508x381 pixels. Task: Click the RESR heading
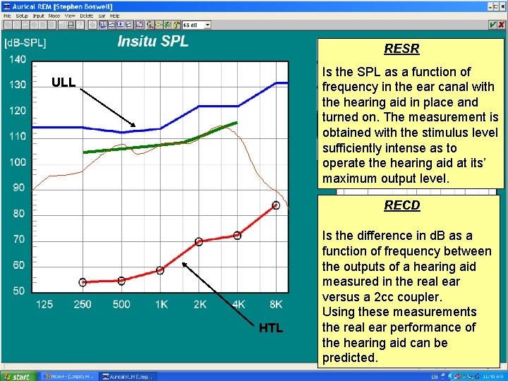[401, 49]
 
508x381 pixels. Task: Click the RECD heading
[401, 205]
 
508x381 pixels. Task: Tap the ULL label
[64, 83]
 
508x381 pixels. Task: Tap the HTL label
[270, 328]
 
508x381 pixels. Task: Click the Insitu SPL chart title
[152, 41]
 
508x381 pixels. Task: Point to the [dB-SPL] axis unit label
[25, 44]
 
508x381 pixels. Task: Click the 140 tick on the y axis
[18, 59]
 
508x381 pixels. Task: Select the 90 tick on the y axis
[19, 188]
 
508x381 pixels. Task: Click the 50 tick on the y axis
[19, 291]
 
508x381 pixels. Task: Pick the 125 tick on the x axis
[44, 305]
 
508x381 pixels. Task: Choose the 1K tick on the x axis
[160, 305]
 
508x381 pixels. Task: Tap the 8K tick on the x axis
[276, 305]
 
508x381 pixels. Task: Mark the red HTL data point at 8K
[276, 205]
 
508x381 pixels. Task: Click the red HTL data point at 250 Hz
[83, 282]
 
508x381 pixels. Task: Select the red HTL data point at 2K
[199, 241]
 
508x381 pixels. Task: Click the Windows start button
[17, 376]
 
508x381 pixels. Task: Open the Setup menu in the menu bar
[22, 15]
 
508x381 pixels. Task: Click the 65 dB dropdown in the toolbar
[197, 25]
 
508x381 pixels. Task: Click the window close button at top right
[502, 4]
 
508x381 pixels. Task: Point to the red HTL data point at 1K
[160, 270]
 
